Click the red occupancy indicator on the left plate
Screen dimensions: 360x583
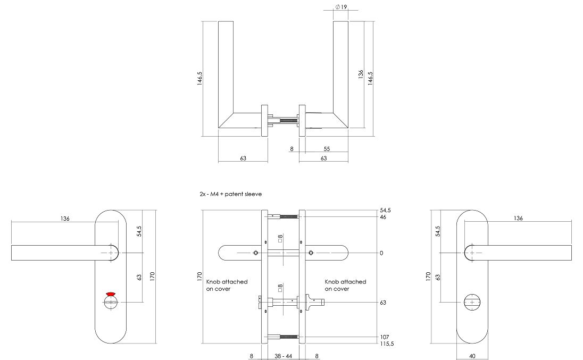click(x=111, y=294)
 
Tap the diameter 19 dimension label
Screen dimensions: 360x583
click(x=341, y=7)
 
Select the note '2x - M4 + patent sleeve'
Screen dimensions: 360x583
click(x=230, y=195)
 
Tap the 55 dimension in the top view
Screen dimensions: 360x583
click(x=327, y=149)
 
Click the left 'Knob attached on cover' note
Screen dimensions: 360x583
click(x=227, y=285)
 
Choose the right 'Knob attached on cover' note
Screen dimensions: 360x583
click(x=345, y=285)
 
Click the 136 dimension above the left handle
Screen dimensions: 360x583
click(x=65, y=219)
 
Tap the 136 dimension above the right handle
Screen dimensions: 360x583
click(x=518, y=219)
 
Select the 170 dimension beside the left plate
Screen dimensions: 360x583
click(x=153, y=276)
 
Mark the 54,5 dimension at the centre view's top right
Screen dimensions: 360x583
click(x=385, y=211)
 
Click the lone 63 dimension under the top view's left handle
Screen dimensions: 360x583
click(x=243, y=158)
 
